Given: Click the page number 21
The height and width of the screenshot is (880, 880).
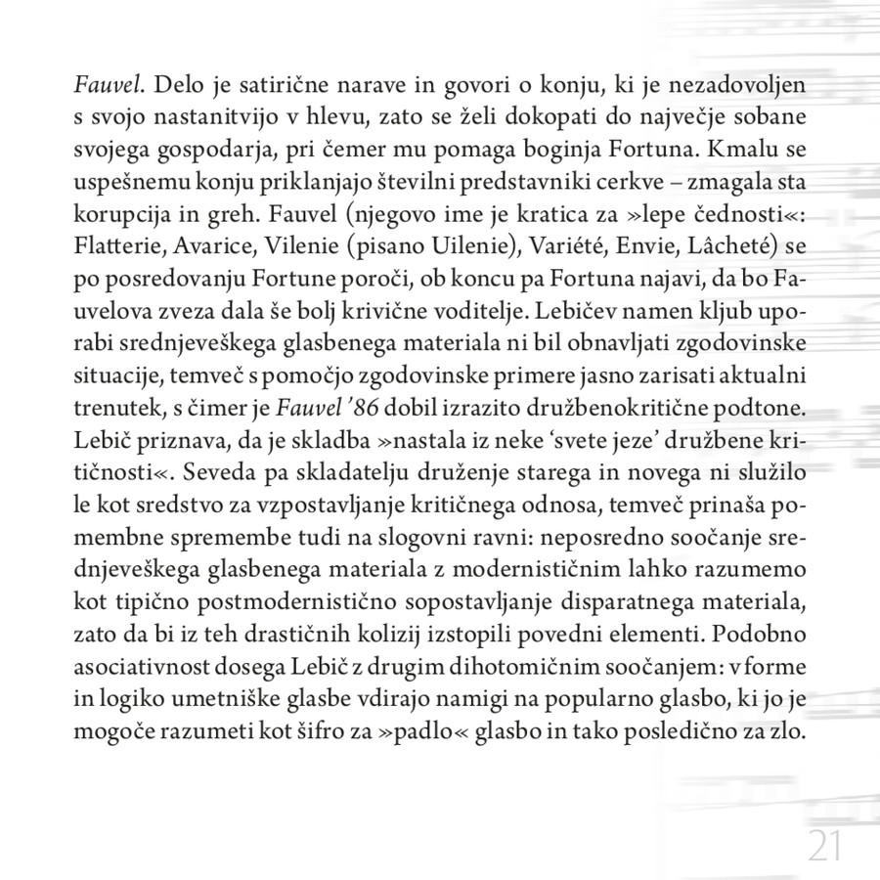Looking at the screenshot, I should (x=825, y=844).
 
